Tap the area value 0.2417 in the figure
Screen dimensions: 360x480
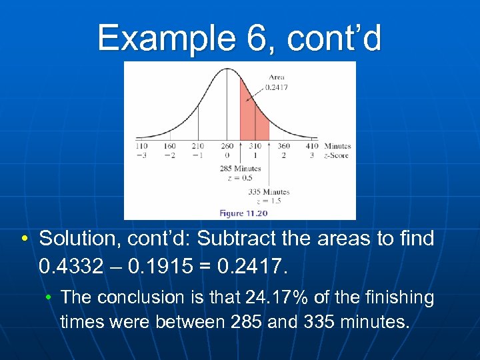(x=277, y=87)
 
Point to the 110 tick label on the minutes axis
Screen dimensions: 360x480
(x=141, y=146)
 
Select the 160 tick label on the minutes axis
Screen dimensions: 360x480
(x=169, y=146)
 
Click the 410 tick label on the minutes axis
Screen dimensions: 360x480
(x=312, y=146)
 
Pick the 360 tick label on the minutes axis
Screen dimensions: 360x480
(x=283, y=146)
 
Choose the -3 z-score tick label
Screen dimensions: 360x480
(x=141, y=155)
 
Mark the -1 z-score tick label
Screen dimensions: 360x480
(x=197, y=155)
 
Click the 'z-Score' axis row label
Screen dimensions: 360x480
(x=336, y=155)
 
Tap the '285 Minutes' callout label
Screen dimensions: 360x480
(x=241, y=169)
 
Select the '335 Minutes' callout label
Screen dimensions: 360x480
(x=269, y=192)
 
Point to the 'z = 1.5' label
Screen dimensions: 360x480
(x=269, y=201)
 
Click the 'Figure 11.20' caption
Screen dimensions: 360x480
(x=243, y=213)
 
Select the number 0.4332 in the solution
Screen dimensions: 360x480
(x=70, y=267)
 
